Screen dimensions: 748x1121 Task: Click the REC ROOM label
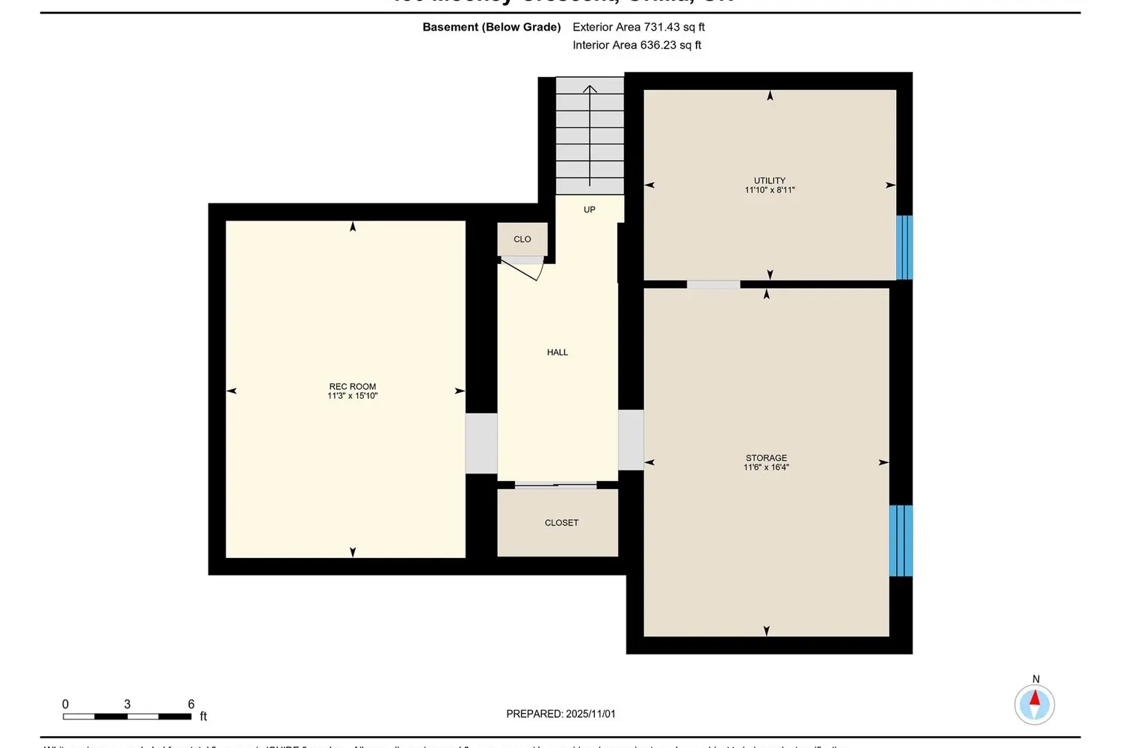(x=353, y=387)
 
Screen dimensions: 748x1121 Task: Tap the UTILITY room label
(x=770, y=180)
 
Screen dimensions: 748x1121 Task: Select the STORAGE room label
(x=766, y=458)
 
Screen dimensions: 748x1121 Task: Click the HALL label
(x=558, y=352)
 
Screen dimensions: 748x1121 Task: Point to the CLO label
(x=522, y=239)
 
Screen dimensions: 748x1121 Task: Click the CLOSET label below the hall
(x=561, y=523)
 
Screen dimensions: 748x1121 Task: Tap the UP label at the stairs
(x=590, y=210)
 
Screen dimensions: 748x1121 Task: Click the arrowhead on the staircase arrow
(x=590, y=90)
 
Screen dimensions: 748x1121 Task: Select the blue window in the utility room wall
(x=904, y=248)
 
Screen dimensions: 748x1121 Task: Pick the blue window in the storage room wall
(x=901, y=541)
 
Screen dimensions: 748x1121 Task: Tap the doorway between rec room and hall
(x=481, y=443)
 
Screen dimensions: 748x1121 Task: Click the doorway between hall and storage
(x=631, y=440)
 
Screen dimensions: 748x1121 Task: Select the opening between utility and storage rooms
(x=713, y=284)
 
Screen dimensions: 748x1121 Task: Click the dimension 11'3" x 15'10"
(x=353, y=396)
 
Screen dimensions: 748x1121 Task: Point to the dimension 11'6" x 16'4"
(x=766, y=467)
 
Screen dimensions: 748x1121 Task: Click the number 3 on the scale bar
(x=127, y=704)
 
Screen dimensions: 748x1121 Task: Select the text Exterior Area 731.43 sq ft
(x=638, y=27)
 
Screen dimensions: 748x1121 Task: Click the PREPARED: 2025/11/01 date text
(x=560, y=714)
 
